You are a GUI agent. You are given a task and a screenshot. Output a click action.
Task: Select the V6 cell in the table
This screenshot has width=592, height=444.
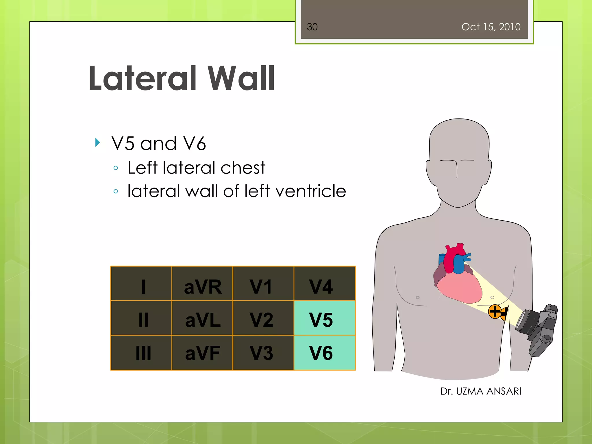(324, 353)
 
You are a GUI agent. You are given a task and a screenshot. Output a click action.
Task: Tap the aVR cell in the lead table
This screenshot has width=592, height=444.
(202, 284)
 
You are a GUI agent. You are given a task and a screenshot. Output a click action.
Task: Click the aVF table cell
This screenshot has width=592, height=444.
(202, 353)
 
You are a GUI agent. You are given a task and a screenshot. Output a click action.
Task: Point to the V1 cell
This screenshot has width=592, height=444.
(263, 284)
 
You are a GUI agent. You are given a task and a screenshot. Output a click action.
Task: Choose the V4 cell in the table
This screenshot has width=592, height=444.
(324, 284)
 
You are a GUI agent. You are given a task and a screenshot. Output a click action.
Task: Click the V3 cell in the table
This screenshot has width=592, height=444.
(263, 353)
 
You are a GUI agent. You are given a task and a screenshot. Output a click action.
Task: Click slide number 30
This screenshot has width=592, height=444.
(312, 27)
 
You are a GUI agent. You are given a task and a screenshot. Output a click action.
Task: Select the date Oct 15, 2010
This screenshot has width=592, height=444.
(491, 27)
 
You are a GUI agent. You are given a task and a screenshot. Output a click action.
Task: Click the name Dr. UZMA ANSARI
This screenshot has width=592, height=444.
(480, 391)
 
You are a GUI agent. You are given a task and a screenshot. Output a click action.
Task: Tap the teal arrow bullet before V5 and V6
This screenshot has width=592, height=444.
(97, 142)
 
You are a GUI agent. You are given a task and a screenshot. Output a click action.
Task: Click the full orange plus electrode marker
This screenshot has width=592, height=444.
(495, 312)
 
